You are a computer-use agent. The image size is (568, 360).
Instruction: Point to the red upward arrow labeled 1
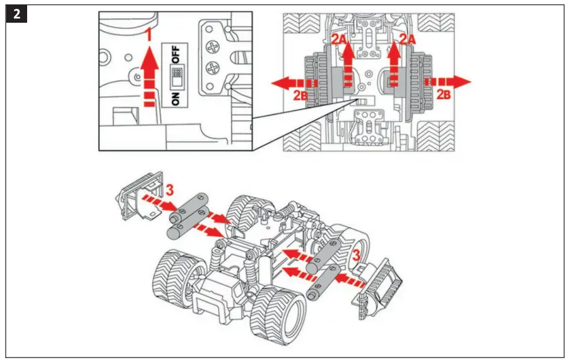(x=148, y=73)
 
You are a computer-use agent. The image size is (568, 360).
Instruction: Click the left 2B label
(x=301, y=96)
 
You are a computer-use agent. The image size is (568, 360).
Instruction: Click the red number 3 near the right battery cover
(x=357, y=256)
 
